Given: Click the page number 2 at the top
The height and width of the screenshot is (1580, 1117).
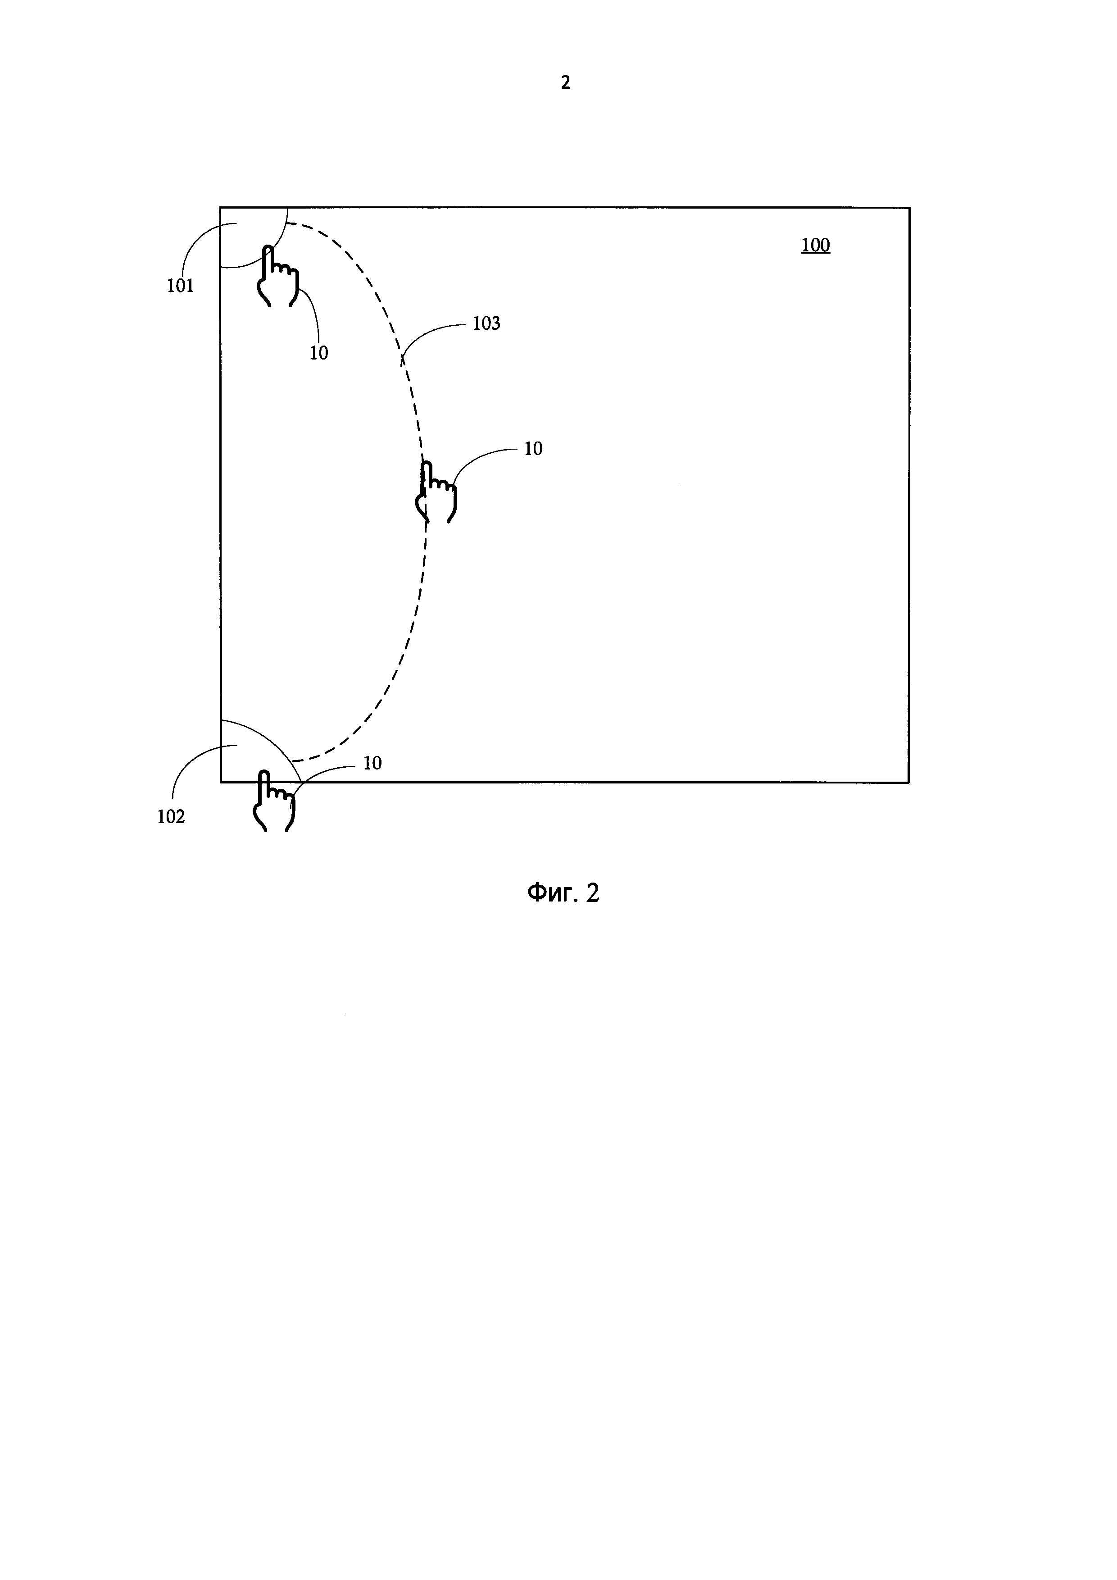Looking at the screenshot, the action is point(565,82).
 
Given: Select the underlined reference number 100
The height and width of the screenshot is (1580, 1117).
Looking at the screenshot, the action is point(815,245).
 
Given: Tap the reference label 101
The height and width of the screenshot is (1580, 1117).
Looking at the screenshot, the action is point(180,286).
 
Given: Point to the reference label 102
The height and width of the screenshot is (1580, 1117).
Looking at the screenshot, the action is point(171,817).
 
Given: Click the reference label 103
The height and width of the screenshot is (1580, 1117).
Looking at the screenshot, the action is point(486,323).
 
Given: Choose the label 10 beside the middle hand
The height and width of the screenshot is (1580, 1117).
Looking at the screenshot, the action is point(533,449).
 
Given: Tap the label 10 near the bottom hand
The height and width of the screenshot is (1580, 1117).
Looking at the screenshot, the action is point(372,763).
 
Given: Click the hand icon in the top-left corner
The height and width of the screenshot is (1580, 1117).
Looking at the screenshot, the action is point(277,277).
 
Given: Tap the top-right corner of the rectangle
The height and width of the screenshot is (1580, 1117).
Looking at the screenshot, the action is point(909,207).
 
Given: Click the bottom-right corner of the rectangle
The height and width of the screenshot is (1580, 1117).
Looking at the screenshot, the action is point(909,783).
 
